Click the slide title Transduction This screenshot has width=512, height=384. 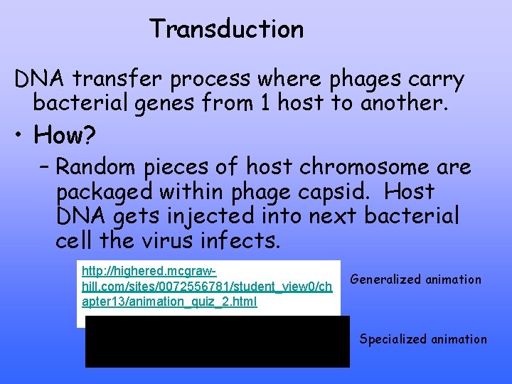point(226,29)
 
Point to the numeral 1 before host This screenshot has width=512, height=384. point(265,104)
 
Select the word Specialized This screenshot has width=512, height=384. point(393,339)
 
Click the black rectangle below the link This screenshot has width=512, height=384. point(217,342)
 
